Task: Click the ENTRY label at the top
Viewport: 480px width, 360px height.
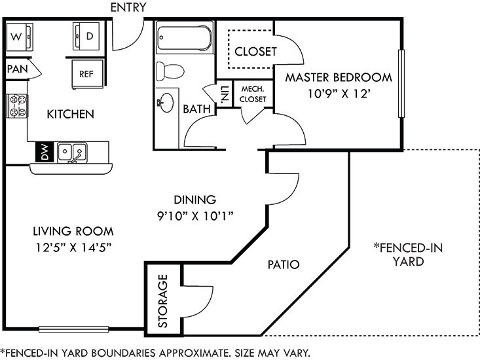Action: tap(128, 8)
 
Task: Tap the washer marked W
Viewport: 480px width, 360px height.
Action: tap(19, 37)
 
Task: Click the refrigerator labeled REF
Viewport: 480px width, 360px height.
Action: tap(86, 73)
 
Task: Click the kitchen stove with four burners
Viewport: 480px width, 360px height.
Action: tap(18, 106)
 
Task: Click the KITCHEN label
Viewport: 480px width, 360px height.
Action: tap(71, 115)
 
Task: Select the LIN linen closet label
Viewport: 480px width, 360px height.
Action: tap(224, 94)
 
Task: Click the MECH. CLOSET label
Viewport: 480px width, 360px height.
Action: tap(253, 94)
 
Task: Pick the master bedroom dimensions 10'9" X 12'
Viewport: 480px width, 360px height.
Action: tap(338, 92)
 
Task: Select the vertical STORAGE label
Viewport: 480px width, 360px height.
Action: tap(163, 300)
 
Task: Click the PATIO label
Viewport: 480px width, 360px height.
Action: tap(284, 265)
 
